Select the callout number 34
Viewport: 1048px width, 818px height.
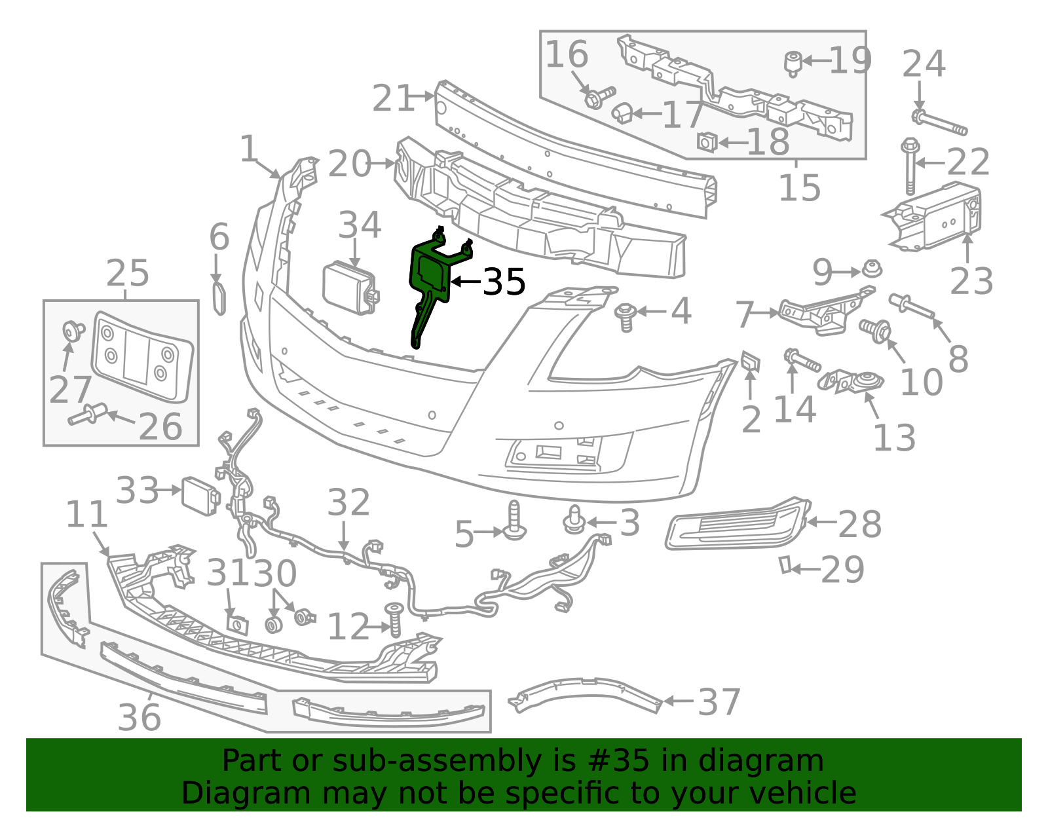point(360,225)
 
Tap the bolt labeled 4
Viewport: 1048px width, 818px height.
point(626,317)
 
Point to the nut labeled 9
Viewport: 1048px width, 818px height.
point(872,269)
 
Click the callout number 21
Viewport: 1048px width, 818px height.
point(393,98)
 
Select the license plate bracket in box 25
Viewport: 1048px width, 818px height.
point(142,357)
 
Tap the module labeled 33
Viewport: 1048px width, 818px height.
point(200,496)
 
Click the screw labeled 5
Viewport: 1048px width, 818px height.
point(514,521)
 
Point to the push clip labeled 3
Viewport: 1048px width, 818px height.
point(574,520)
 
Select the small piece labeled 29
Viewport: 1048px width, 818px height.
point(785,565)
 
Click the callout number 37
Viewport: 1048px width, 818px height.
point(719,702)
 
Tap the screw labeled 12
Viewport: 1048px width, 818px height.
point(394,620)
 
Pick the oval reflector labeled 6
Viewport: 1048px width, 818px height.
point(219,299)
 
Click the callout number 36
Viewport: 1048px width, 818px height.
point(139,717)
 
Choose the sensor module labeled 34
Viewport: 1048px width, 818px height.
point(350,288)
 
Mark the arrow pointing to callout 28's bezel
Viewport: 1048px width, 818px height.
point(822,522)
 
